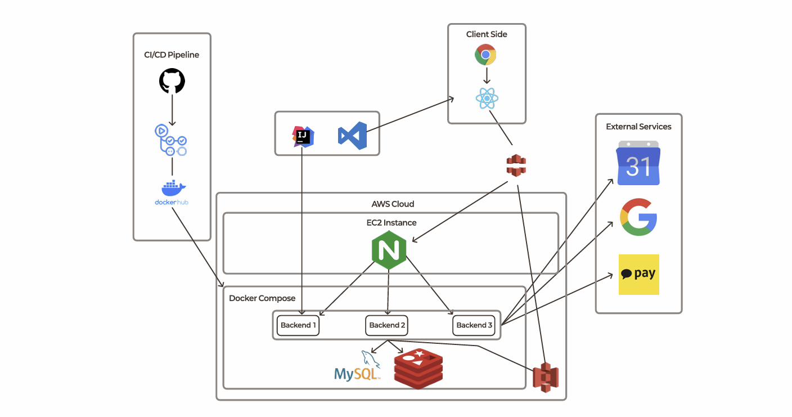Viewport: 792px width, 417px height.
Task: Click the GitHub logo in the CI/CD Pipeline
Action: (172, 81)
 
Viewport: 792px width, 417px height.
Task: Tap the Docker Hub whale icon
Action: (171, 188)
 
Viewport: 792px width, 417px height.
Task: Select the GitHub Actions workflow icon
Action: (171, 140)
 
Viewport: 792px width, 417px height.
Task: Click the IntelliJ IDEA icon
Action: (303, 137)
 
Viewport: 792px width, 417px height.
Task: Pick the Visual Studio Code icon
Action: (352, 136)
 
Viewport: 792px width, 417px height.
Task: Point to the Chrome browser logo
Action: (485, 55)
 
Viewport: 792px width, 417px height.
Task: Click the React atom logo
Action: (487, 98)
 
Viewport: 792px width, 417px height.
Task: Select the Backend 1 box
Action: (298, 325)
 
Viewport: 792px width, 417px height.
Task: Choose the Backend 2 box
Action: (387, 325)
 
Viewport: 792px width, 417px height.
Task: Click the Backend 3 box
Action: (474, 325)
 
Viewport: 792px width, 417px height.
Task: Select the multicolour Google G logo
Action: (638, 217)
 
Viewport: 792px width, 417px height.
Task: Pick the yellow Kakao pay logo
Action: (638, 275)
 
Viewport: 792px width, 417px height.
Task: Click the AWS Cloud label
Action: (393, 204)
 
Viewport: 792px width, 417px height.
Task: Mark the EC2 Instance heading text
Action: (391, 223)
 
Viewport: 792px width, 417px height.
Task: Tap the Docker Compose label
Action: (262, 298)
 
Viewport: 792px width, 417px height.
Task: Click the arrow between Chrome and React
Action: (486, 75)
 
